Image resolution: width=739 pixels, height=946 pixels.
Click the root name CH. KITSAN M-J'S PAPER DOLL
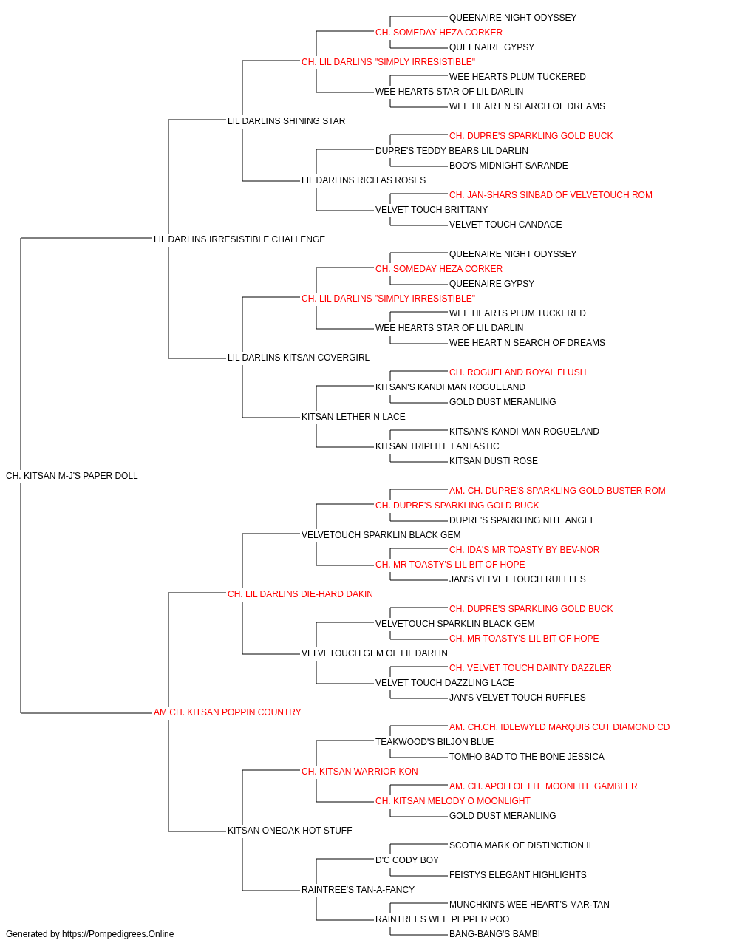[72, 476]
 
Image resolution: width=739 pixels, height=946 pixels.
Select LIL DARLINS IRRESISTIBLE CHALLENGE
[239, 239]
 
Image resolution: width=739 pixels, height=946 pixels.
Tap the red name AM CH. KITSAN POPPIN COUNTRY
[227, 712]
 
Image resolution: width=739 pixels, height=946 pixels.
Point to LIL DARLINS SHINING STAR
[287, 121]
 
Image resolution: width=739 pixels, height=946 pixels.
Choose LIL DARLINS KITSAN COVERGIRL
[299, 358]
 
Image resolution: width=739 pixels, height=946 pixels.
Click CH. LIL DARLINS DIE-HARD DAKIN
[300, 593]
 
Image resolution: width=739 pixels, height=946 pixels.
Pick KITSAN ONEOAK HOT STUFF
[290, 830]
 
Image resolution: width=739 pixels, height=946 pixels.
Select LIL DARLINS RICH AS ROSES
[364, 180]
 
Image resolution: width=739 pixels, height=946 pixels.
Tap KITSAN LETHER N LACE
[353, 417]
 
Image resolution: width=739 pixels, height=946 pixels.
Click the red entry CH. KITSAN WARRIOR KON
[359, 772]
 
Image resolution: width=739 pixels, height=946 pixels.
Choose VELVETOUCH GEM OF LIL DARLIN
[375, 653]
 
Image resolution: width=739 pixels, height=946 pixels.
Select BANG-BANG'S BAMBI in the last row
[494, 934]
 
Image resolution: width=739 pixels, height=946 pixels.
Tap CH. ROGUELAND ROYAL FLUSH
[517, 372]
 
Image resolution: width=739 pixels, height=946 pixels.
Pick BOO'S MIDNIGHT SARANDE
[508, 166]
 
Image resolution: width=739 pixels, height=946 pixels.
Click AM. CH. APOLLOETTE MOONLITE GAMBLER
[543, 786]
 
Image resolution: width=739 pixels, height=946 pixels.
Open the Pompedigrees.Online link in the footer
[118, 934]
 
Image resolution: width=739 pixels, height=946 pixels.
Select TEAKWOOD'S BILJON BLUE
[435, 742]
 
